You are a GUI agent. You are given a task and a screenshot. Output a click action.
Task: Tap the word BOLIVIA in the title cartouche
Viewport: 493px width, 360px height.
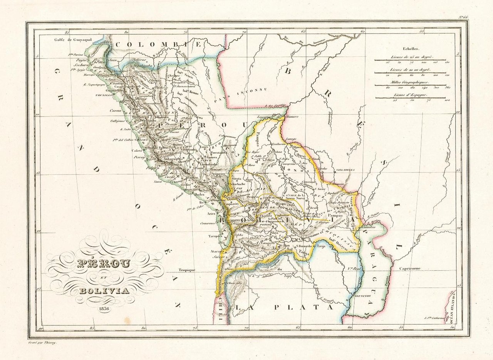104,291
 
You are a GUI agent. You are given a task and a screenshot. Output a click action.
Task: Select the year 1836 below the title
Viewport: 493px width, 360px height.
104,308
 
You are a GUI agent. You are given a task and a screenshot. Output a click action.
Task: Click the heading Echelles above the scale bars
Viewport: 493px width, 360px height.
411,49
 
